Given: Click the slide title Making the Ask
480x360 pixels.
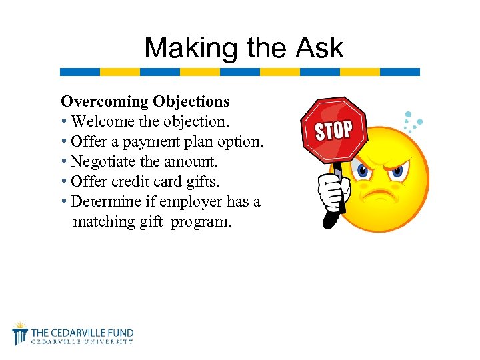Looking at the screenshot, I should (243, 47).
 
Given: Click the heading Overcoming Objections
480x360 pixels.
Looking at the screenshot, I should (145, 101).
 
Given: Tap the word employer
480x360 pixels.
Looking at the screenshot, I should (191, 201).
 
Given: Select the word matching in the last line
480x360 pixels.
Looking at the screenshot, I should (104, 221).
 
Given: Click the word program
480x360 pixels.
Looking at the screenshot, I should (201, 221).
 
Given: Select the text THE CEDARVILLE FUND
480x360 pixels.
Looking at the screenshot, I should (83, 332).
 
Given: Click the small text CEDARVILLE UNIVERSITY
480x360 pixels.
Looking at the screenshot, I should (83, 342).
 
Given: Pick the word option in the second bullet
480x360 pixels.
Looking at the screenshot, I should (240, 141).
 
